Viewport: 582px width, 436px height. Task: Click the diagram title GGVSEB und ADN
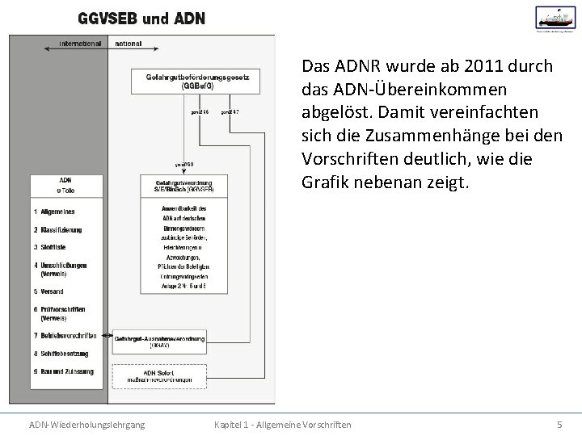point(141,18)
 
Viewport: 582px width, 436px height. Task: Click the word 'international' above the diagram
point(81,43)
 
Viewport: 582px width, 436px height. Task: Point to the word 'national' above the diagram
point(129,43)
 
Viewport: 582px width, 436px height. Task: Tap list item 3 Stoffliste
point(50,246)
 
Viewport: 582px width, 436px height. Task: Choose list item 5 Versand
point(48,291)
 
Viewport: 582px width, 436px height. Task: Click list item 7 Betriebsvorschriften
point(65,335)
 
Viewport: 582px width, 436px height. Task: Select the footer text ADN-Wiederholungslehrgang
point(87,424)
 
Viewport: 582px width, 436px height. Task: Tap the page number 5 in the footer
point(559,424)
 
